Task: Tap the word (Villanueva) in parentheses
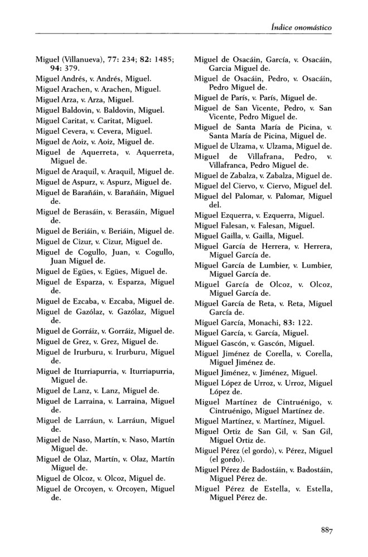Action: pos(82,60)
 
